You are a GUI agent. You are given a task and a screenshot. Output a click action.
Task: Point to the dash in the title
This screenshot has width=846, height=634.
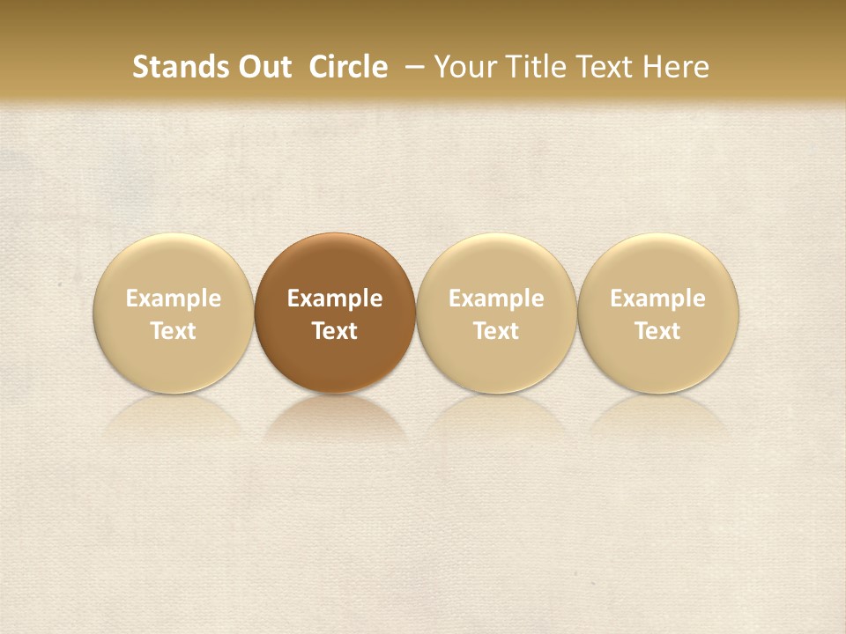[412, 67]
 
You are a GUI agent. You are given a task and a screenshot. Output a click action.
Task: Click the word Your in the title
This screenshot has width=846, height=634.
[464, 67]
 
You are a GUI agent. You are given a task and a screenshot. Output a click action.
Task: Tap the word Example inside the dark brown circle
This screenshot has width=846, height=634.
[335, 299]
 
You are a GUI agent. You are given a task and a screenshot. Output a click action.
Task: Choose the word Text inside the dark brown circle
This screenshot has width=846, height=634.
[335, 331]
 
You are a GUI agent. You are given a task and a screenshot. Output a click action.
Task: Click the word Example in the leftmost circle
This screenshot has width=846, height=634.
[174, 299]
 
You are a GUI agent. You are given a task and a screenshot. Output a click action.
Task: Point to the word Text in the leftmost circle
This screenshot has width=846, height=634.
[174, 331]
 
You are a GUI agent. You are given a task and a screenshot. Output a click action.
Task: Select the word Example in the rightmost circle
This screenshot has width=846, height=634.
[658, 299]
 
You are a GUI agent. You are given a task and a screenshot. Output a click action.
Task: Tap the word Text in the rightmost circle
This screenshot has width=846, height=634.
[658, 331]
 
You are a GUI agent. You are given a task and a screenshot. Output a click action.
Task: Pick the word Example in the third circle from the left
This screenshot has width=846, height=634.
[496, 299]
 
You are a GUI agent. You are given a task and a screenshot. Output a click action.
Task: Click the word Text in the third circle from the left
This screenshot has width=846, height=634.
[496, 331]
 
